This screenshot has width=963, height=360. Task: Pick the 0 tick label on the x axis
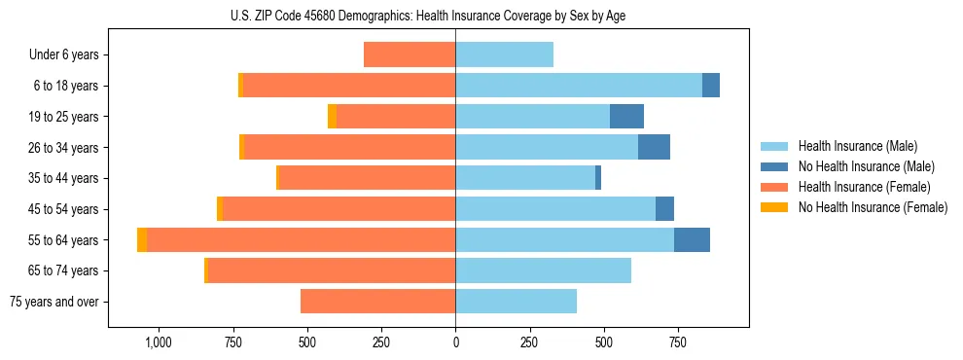tap(455, 342)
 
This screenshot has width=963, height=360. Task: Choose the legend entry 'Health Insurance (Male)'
tap(858, 146)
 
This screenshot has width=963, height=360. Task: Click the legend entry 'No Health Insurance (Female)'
tap(873, 207)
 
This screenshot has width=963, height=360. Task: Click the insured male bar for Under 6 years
tap(504, 55)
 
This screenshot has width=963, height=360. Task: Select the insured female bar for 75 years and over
tap(378, 302)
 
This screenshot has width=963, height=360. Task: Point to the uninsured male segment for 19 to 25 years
tap(626, 117)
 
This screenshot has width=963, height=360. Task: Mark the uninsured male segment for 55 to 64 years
tap(692, 240)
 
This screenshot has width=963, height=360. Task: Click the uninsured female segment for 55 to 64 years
tap(142, 240)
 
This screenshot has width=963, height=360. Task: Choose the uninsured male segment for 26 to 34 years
tap(654, 148)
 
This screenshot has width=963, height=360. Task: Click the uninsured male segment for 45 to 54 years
tap(664, 209)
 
